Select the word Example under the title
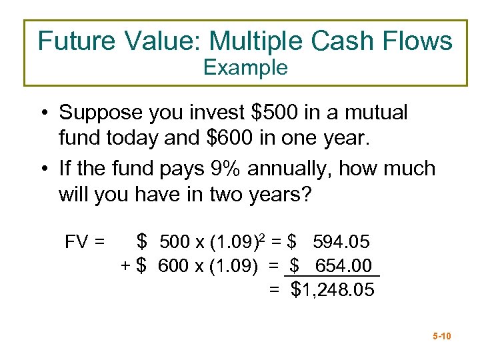pyautogui.click(x=245, y=67)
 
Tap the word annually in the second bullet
pyautogui.click(x=291, y=168)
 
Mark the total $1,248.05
pyautogui.click(x=333, y=290)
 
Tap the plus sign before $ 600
pyautogui.click(x=125, y=265)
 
